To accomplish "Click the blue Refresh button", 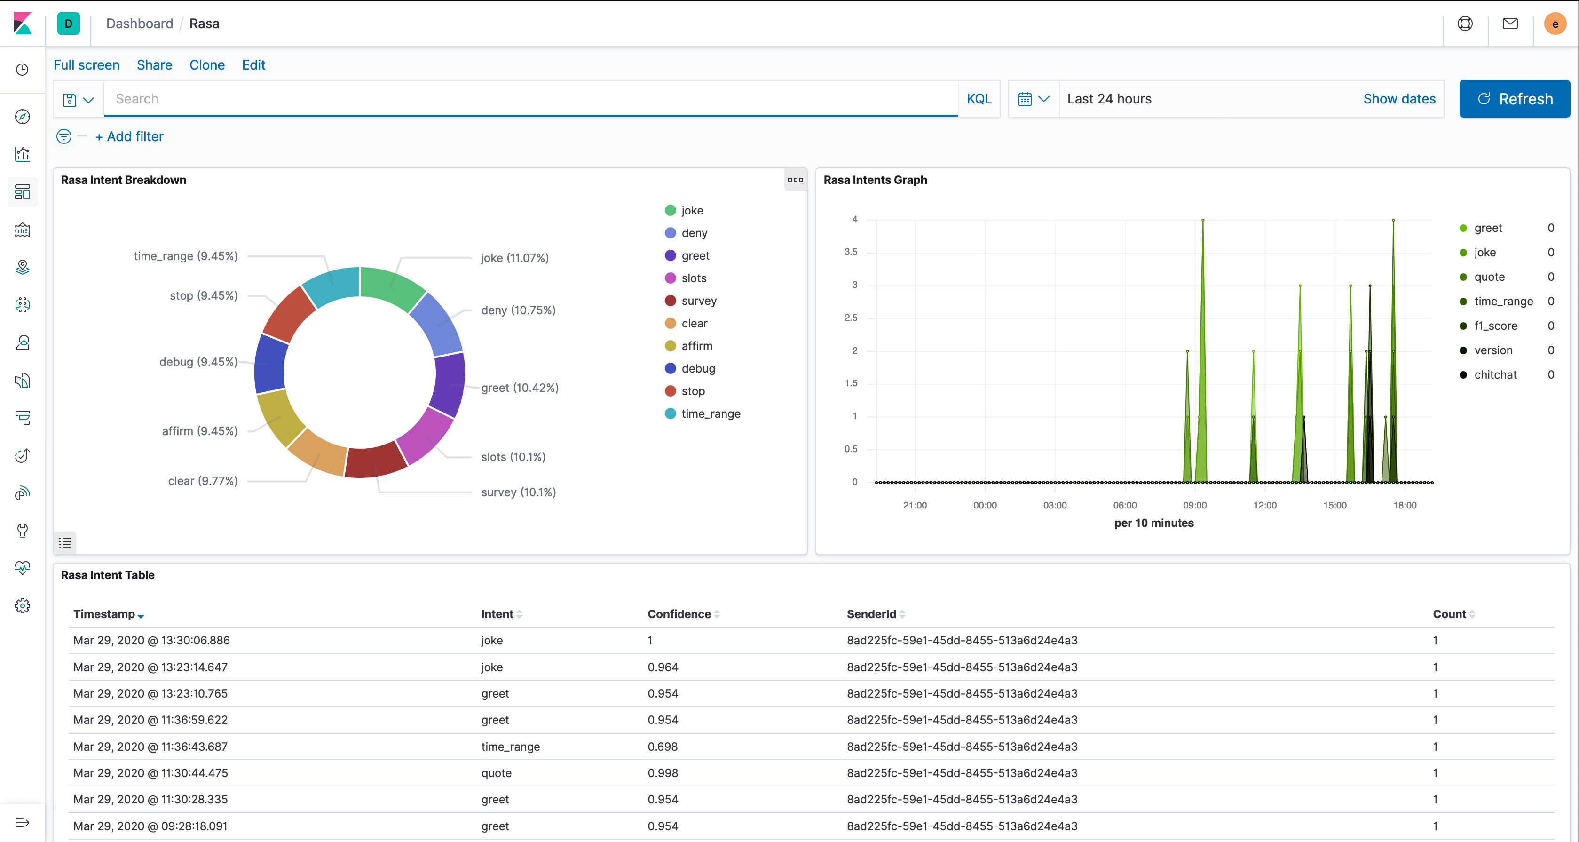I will [x=1514, y=99].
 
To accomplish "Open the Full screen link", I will [x=87, y=65].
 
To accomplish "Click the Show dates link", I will [x=1399, y=99].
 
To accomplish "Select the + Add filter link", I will [x=129, y=136].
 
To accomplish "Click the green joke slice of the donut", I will [x=392, y=287].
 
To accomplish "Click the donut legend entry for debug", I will [x=697, y=369].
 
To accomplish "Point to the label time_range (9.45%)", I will [x=186, y=256].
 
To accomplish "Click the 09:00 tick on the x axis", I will [x=1195, y=505].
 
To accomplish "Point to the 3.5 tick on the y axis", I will [x=851, y=252].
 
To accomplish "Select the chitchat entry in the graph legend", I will [x=1495, y=375].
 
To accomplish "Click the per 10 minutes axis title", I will [x=1153, y=523].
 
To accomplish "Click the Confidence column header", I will [x=679, y=614].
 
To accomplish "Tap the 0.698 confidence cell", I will [x=663, y=747].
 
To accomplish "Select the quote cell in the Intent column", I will [x=496, y=773].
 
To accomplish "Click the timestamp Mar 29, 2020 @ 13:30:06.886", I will [x=151, y=640].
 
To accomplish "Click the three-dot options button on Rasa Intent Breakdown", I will [x=795, y=180].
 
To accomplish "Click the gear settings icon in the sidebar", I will [x=23, y=606].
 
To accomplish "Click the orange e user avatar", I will [x=1555, y=24].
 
